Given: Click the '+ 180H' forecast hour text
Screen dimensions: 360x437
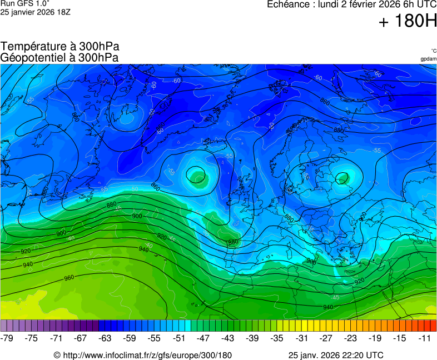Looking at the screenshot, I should coord(408,22).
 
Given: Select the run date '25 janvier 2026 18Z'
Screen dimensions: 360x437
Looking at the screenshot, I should coord(35,12).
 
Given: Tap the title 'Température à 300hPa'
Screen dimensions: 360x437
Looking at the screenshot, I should coord(60,47).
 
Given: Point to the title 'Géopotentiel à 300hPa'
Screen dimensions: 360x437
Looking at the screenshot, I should coord(59,57).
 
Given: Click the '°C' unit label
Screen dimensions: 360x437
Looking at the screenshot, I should coord(433,51).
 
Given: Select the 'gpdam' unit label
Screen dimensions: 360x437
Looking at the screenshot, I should coord(428,58).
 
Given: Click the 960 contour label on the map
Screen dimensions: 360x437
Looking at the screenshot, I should coord(69,278).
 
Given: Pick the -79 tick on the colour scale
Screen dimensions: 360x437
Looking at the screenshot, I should coord(7,338).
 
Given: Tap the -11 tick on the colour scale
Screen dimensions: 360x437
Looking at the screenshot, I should coord(425,338).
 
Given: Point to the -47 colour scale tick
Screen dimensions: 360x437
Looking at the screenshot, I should coord(203,338).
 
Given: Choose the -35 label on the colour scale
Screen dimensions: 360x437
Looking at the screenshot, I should coord(276,338).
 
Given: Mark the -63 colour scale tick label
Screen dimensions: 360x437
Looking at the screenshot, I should coord(106,338).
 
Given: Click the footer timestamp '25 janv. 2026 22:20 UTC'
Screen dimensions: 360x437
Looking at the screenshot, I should coord(336,355).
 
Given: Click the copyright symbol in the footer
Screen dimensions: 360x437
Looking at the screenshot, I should coord(57,355).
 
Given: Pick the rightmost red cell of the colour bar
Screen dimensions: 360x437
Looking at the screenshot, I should coord(433,326).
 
